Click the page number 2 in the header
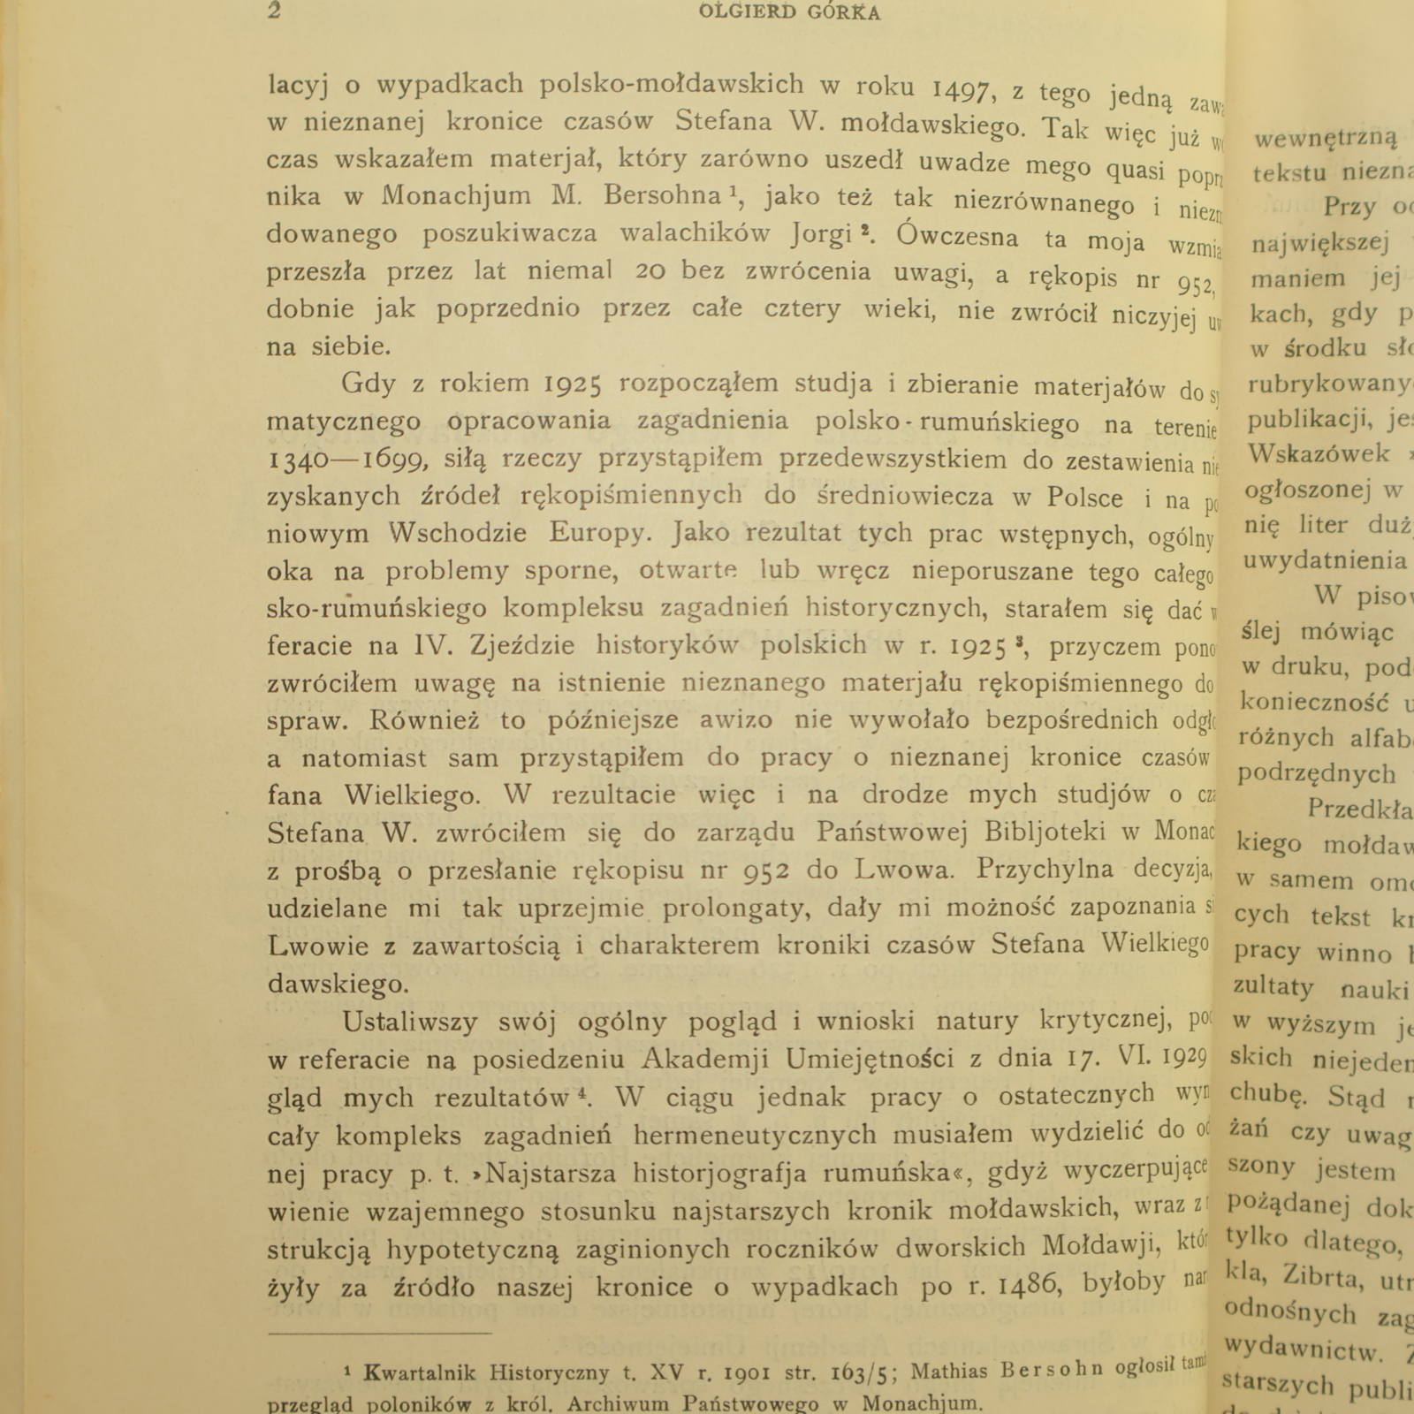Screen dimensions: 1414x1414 [x=274, y=11]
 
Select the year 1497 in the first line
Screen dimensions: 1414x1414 [x=964, y=87]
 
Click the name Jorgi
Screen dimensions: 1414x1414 [x=828, y=234]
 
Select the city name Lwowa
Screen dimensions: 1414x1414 [x=905, y=870]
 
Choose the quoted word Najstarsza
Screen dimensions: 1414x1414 [x=551, y=1174]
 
